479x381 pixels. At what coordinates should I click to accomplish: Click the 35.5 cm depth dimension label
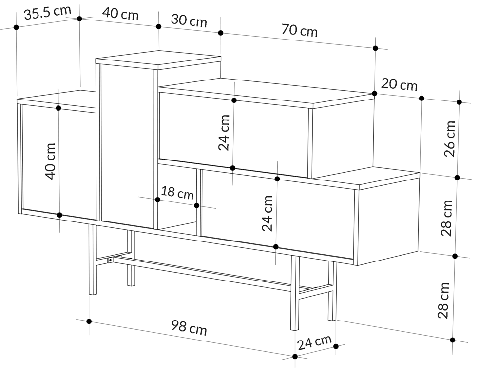(x=47, y=13)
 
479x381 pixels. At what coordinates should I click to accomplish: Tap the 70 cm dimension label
(x=299, y=31)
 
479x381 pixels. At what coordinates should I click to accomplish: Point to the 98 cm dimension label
(x=189, y=327)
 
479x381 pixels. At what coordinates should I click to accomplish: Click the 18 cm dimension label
(x=177, y=193)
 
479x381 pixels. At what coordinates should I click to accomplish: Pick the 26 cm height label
(x=450, y=139)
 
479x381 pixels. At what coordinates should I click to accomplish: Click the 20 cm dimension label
(x=399, y=84)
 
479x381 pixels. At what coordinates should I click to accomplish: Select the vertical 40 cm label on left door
(x=50, y=161)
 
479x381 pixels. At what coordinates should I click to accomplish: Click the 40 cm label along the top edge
(x=120, y=14)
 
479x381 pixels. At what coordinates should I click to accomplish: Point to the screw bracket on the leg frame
(x=110, y=260)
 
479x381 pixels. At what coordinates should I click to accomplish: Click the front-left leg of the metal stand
(x=93, y=260)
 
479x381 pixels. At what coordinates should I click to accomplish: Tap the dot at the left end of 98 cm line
(x=89, y=321)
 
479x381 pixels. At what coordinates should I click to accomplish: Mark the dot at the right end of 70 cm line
(x=375, y=48)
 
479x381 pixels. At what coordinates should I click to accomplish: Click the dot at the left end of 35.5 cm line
(x=17, y=27)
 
